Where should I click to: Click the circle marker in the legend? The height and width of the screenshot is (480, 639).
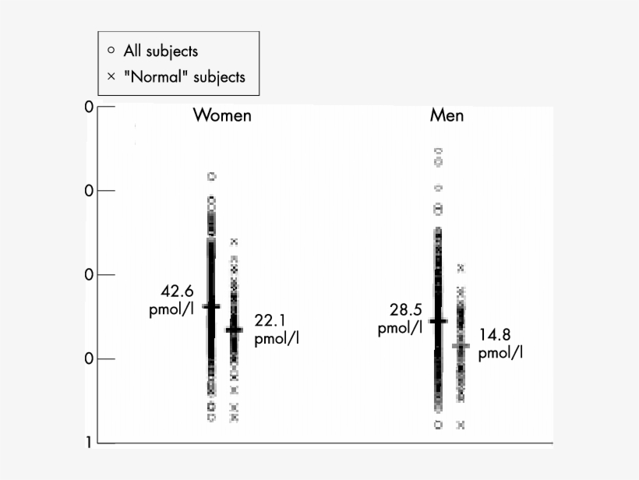[111, 51]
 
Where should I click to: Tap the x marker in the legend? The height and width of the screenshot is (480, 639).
[111, 76]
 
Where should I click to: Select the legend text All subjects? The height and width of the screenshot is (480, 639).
[161, 51]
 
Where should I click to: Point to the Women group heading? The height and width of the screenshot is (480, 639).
[222, 115]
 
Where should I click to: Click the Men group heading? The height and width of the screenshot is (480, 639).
[447, 115]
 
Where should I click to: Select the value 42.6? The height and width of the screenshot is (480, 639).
[176, 291]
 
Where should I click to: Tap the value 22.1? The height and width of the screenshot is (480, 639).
[270, 320]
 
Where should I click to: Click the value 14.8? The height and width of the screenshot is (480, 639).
[495, 335]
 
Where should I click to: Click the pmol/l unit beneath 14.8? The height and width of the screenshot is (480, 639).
[500, 353]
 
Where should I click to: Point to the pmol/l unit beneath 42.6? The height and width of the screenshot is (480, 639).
[171, 309]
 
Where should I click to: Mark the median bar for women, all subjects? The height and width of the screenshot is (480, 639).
[211, 306]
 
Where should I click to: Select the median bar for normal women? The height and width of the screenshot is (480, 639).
[234, 330]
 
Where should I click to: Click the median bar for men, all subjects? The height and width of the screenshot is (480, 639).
[438, 320]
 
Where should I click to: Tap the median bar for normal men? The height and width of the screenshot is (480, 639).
[461, 344]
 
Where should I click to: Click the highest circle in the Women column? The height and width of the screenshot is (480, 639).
[211, 177]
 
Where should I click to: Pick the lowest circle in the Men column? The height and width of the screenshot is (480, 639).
[438, 425]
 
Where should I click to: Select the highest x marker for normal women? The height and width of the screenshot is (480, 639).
[234, 242]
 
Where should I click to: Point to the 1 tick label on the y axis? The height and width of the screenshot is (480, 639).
[88, 443]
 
